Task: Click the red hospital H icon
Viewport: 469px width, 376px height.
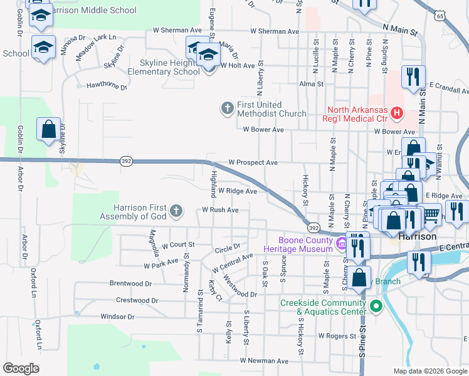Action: point(396,113)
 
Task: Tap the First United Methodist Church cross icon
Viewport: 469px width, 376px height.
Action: point(227,108)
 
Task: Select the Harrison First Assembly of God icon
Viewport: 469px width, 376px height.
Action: point(177,210)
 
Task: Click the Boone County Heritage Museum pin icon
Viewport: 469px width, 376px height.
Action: point(341,243)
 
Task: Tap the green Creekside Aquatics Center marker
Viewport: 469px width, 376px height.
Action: point(376,306)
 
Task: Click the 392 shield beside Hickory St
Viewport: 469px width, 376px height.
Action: point(314,227)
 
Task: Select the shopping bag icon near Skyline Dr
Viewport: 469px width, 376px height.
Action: point(48,130)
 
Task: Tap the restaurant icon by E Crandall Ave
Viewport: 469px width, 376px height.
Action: point(413,77)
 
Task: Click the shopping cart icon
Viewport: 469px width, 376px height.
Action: point(430,215)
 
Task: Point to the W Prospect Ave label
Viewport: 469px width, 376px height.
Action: point(253,162)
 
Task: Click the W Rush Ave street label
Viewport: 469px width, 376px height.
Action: point(220,210)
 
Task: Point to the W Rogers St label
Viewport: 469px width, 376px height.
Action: point(337,336)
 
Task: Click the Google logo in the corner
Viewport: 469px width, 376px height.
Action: point(21,368)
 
